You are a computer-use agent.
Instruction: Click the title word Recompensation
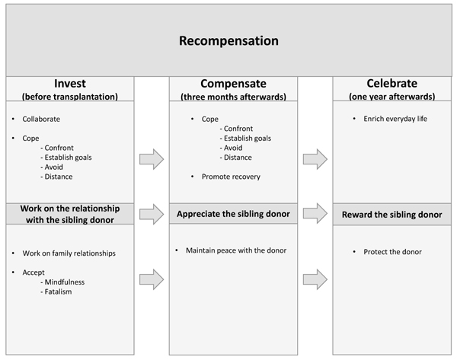(x=228, y=41)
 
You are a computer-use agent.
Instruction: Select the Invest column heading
(x=70, y=84)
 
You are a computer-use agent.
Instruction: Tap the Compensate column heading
(x=234, y=84)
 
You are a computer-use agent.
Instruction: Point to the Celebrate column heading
(x=392, y=83)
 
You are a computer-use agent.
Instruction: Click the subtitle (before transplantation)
(x=70, y=97)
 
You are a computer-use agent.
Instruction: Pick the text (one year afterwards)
(x=392, y=97)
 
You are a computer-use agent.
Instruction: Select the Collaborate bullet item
(x=41, y=119)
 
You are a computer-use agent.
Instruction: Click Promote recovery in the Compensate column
(x=231, y=177)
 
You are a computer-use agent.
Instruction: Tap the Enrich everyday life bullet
(x=395, y=119)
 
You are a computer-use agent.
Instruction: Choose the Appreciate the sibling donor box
(x=234, y=214)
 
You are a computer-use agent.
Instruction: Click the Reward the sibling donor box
(x=392, y=215)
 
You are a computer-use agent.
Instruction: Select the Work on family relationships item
(x=69, y=253)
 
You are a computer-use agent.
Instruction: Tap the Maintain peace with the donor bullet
(x=236, y=250)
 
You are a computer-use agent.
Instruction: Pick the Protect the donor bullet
(x=392, y=252)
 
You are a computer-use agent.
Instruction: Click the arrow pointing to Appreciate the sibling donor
(x=152, y=214)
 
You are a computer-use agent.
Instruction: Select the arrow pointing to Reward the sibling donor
(x=315, y=213)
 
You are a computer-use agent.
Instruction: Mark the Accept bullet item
(x=34, y=272)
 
